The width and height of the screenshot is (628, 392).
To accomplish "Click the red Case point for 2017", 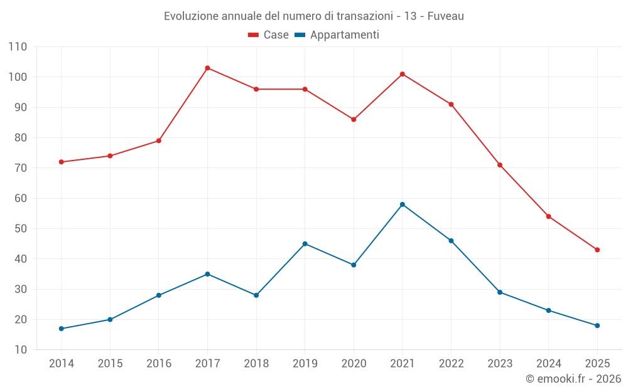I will click(x=207, y=68).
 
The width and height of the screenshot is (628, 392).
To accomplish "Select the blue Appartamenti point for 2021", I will click(x=403, y=204).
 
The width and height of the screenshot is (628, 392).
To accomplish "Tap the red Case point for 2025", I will click(x=597, y=250).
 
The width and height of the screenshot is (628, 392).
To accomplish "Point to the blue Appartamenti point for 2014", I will click(x=61, y=329).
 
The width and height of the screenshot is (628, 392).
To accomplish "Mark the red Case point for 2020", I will click(x=354, y=119).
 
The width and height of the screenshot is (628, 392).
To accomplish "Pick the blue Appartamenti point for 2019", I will click(x=305, y=243).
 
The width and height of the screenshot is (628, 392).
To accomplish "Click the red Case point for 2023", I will click(x=500, y=165).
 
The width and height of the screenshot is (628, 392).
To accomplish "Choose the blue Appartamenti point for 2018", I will click(x=256, y=295).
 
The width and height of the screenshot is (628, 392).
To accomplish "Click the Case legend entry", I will click(x=268, y=35).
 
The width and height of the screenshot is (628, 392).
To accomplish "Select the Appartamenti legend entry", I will click(x=337, y=35).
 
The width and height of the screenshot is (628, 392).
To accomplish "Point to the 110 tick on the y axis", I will click(x=18, y=47).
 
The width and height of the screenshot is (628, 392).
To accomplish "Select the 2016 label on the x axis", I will click(x=159, y=364).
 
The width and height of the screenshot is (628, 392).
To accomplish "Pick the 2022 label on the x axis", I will click(x=451, y=364).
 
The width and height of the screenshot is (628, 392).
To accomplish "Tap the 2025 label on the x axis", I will click(x=597, y=364).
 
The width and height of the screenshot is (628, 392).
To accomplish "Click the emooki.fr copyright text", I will click(x=573, y=379).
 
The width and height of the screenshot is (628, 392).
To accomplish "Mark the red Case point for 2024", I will click(x=548, y=216).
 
